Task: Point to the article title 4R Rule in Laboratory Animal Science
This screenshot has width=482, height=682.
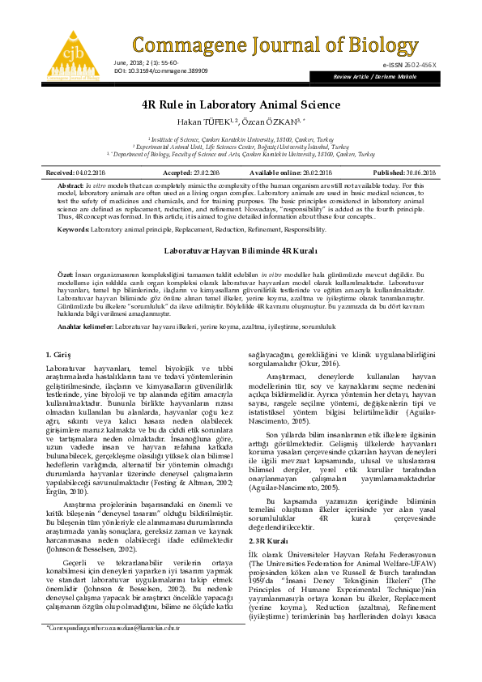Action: pyautogui.click(x=241, y=104)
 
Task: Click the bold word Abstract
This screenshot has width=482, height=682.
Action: pyautogui.click(x=70, y=185)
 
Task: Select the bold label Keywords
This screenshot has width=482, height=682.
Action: pyautogui.click(x=73, y=230)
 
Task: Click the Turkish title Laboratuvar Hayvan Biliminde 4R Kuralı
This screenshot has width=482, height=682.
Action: pyautogui.click(x=241, y=252)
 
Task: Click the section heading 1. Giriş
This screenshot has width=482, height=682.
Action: pyautogui.click(x=60, y=356)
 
